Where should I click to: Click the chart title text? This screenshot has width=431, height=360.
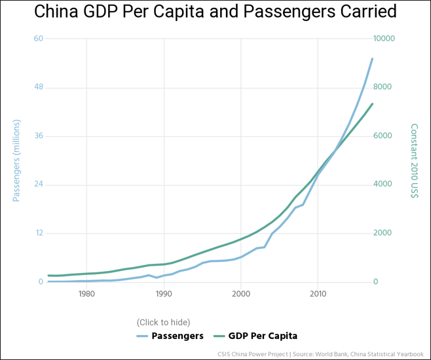216,12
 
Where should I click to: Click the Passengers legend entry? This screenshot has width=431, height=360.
170,336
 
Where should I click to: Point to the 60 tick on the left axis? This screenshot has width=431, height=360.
39,39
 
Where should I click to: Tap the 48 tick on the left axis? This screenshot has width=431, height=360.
39,87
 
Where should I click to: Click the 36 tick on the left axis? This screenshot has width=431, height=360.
39,136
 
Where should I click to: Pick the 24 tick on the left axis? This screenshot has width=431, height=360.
39,185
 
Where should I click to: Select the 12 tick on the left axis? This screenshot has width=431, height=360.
39,233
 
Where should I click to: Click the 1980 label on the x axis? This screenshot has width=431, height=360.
86,294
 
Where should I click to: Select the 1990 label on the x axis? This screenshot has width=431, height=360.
164,294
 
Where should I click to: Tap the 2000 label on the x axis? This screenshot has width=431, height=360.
241,294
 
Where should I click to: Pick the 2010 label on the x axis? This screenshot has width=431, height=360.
318,294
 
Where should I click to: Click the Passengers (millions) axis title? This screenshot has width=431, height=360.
18,160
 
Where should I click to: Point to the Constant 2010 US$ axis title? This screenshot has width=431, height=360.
414,160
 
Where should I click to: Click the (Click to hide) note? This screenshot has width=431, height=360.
163,322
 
